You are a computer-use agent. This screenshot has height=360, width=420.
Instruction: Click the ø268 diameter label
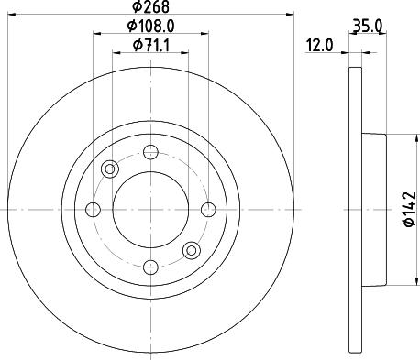click(149, 10)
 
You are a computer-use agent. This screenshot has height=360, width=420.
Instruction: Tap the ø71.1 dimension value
click(149, 45)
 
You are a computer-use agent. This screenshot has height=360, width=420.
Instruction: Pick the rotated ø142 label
click(408, 209)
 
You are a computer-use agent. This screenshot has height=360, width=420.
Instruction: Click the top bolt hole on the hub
click(149, 152)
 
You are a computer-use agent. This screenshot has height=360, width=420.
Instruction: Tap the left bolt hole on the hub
click(93, 209)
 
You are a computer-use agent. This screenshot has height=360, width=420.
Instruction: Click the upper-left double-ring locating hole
click(110, 169)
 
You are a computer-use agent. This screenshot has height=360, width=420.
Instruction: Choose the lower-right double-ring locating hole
click(191, 249)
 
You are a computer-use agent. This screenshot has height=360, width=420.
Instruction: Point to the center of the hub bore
click(149, 209)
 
